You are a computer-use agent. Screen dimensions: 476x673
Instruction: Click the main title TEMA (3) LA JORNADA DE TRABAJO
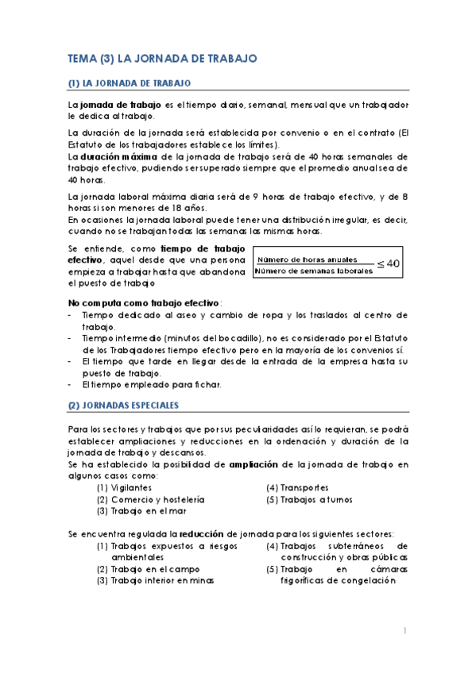pyautogui.click(x=161, y=58)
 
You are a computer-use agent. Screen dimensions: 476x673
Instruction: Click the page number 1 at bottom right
pyautogui.click(x=404, y=631)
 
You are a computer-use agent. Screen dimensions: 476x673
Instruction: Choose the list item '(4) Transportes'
pyautogui.click(x=298, y=488)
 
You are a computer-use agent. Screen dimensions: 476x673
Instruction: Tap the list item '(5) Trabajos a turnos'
pyautogui.click(x=310, y=500)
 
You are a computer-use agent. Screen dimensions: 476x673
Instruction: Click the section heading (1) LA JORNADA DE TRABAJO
pyautogui.click(x=128, y=83)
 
